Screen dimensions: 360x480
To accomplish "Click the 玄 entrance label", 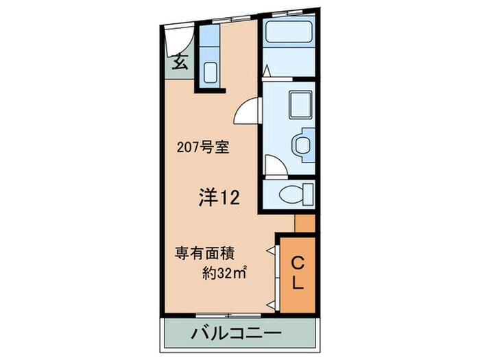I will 180,62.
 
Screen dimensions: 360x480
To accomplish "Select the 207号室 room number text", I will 202,146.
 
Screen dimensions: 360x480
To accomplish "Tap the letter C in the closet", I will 298,262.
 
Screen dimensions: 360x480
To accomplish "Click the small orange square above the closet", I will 304,224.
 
